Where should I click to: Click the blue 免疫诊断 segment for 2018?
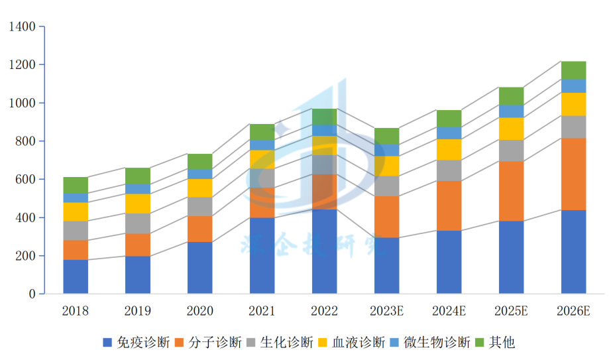click(x=76, y=276)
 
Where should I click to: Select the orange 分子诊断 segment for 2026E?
click(x=573, y=174)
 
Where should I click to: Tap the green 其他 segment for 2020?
click(x=200, y=161)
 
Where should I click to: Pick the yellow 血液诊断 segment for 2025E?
click(x=511, y=129)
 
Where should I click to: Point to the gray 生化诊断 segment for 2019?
click(x=138, y=223)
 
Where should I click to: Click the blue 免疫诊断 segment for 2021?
click(x=262, y=255)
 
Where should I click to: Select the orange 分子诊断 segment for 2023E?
click(x=386, y=217)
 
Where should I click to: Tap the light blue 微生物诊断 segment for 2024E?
click(x=449, y=133)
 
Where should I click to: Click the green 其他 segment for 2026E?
click(x=573, y=70)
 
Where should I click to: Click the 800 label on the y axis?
click(x=25, y=141)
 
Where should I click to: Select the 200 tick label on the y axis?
click(x=25, y=256)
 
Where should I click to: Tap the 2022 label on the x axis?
click(x=325, y=311)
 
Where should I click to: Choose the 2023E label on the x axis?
click(x=386, y=311)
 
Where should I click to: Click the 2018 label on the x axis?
click(x=76, y=311)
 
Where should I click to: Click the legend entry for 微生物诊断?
click(x=438, y=343)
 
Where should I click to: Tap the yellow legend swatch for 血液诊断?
click(x=323, y=343)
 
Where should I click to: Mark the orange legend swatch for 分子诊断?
click(x=180, y=343)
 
